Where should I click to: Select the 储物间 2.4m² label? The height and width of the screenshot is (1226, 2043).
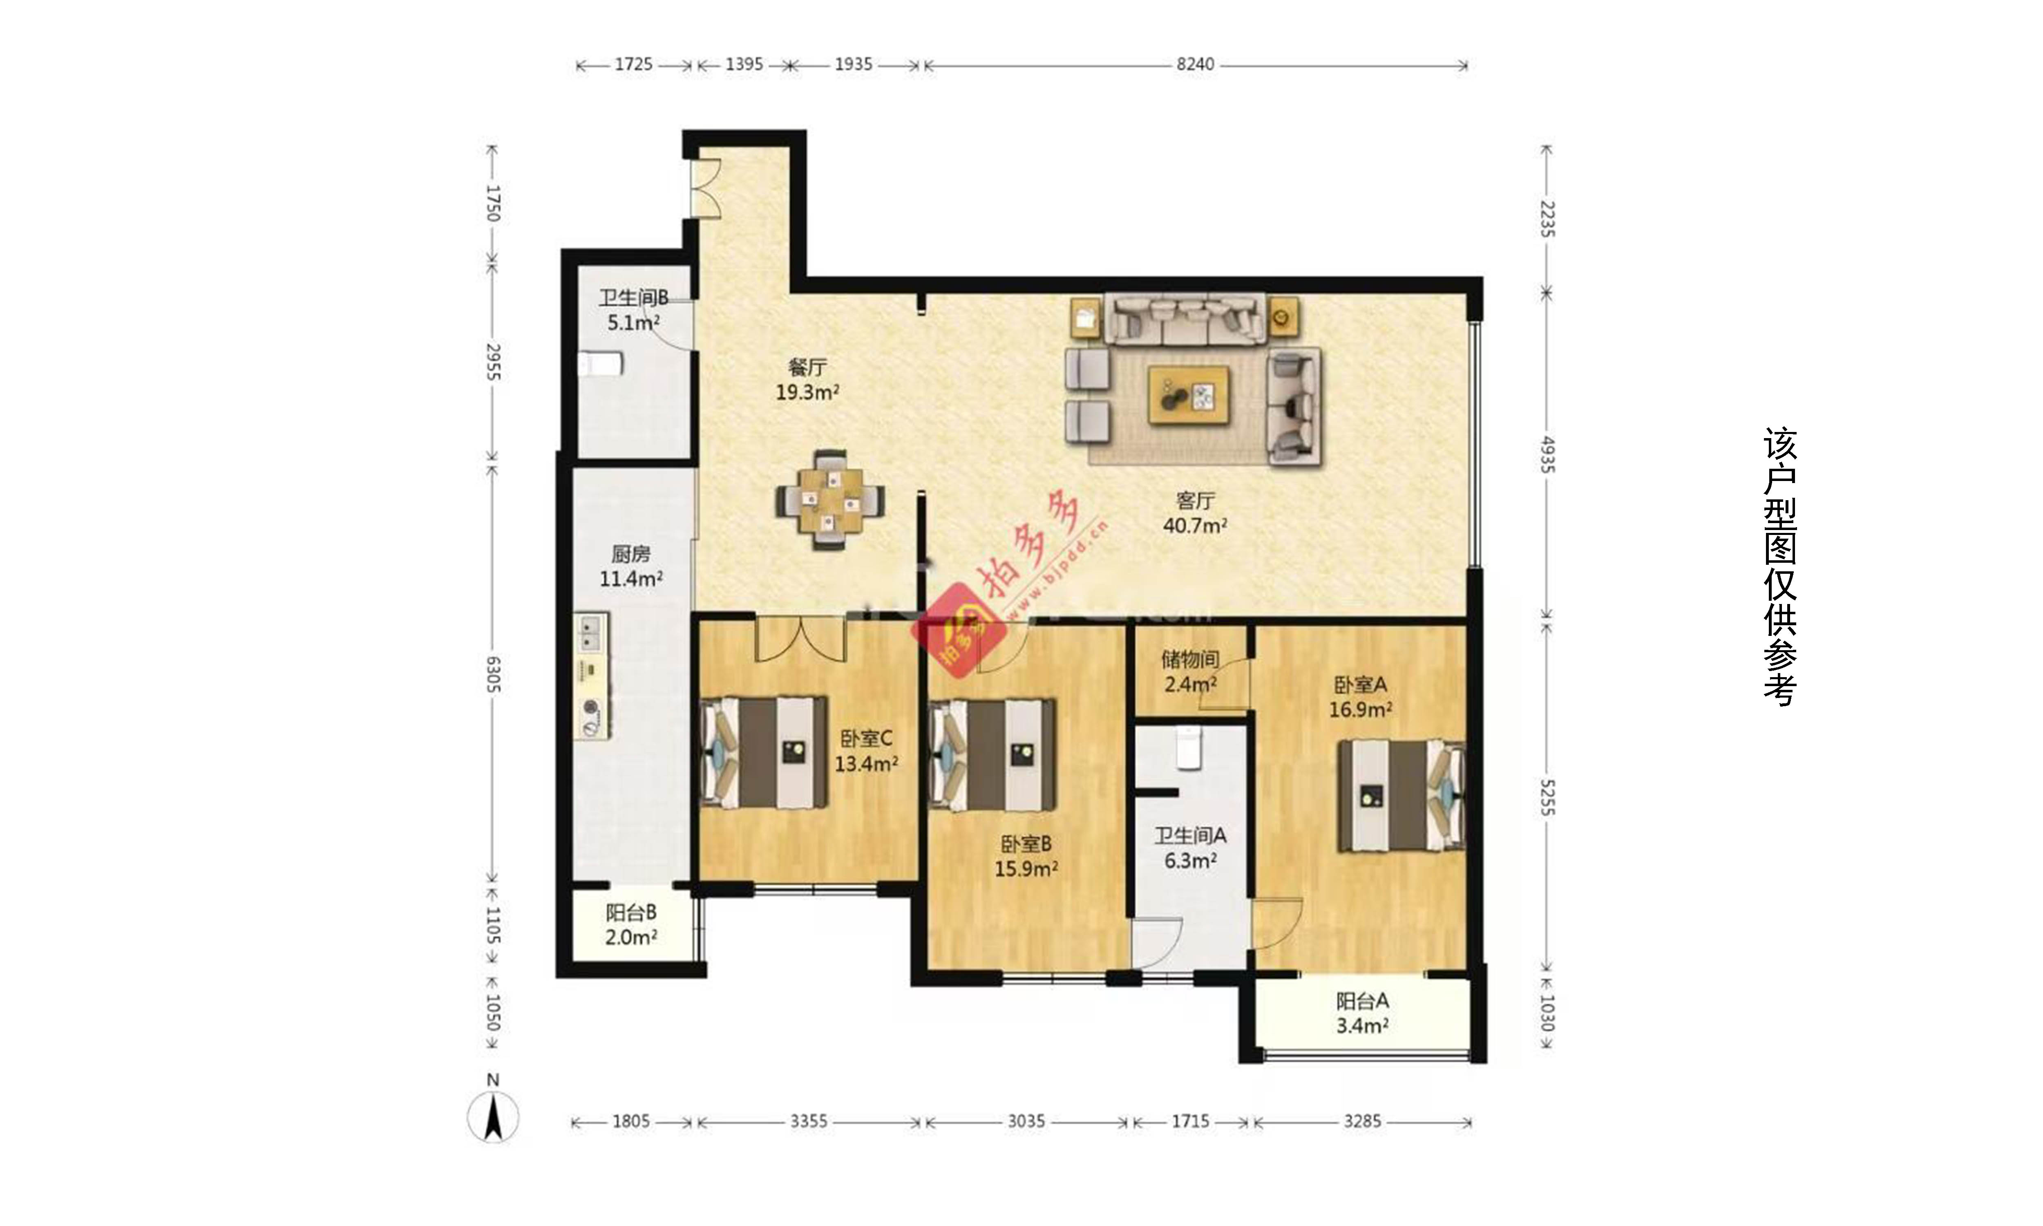[1190, 671]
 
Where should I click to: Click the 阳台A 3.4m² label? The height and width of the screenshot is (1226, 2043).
[1362, 1013]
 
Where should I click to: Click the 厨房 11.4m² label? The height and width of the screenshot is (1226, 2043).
[631, 566]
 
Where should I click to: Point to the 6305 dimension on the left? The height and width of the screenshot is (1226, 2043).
[493, 675]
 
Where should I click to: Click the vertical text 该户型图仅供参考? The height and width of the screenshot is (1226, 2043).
[1780, 567]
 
